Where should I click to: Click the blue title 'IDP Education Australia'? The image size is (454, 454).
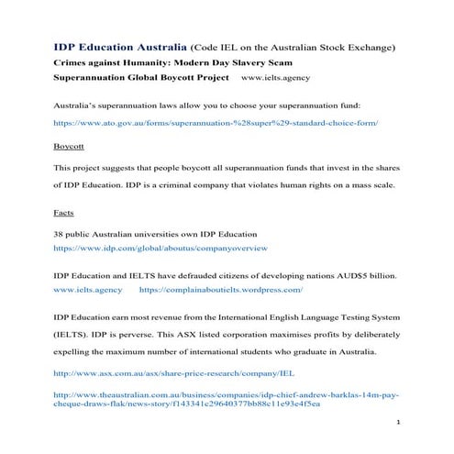pos(119,47)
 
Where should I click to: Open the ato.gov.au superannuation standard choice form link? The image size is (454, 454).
pos(216,122)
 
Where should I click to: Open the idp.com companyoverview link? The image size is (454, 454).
pos(161,248)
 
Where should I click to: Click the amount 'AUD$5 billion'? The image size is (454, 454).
pos(365,275)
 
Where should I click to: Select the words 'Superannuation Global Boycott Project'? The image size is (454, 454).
pos(138,79)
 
